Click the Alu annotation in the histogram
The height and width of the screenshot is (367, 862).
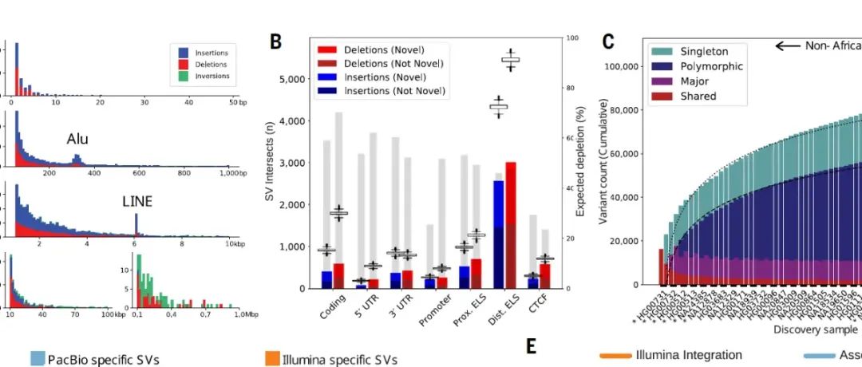point(77,140)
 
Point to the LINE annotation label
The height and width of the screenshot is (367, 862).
point(136,202)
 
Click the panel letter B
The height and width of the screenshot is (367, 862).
point(275,42)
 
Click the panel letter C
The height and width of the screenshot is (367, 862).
point(608,42)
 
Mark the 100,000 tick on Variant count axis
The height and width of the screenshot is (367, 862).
point(619,67)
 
